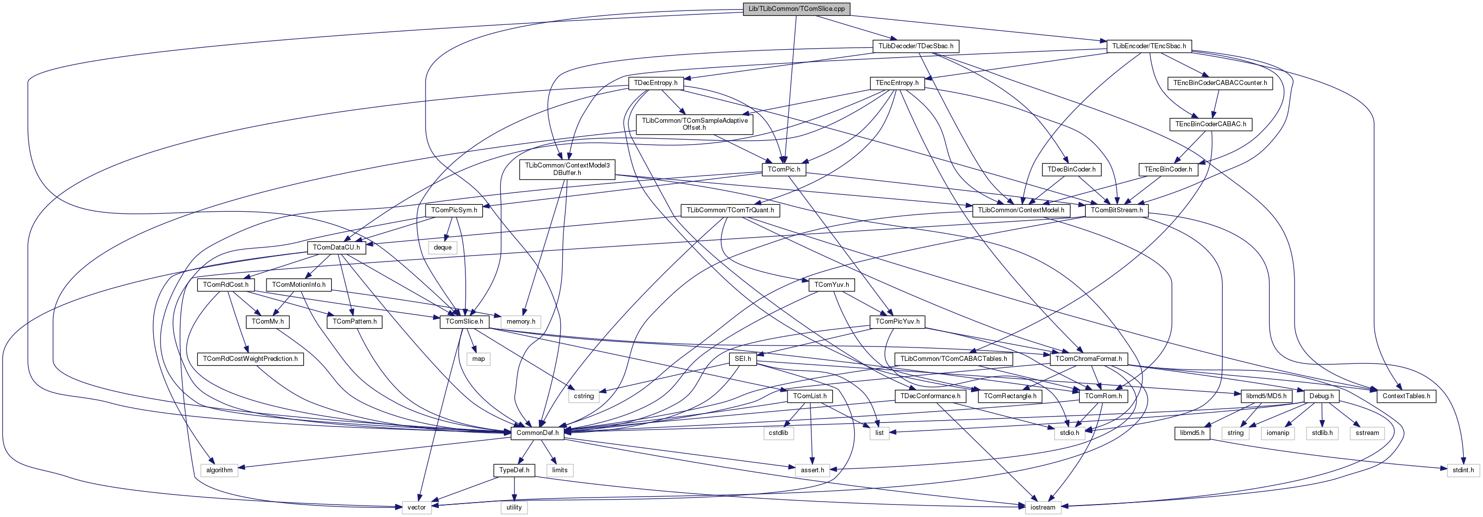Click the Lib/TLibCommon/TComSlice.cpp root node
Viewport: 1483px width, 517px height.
(x=796, y=8)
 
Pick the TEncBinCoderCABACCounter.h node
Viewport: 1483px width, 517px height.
(x=1220, y=83)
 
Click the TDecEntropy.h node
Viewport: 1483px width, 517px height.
(x=655, y=83)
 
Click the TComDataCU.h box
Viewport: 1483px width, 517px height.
(x=336, y=248)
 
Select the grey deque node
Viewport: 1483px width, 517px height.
(x=442, y=248)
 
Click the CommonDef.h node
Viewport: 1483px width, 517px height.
(x=537, y=433)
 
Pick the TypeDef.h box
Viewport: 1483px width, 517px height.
(x=514, y=470)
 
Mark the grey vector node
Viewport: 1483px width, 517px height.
(x=416, y=507)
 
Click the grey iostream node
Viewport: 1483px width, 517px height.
(x=1043, y=507)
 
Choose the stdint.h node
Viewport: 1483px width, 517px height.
(x=1463, y=470)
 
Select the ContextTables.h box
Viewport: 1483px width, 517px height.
(x=1406, y=396)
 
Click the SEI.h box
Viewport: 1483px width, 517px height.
(x=743, y=359)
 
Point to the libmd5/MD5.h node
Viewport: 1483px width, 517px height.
(x=1266, y=396)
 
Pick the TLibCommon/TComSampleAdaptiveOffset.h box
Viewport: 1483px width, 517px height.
(x=695, y=124)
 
